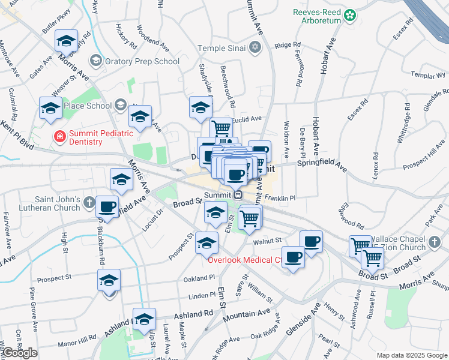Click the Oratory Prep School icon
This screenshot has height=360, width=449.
coord(95,61)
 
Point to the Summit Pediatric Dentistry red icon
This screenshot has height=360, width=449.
coord(59,137)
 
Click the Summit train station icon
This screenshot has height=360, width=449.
coord(238,194)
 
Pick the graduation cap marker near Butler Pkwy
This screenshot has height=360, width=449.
coord(66,41)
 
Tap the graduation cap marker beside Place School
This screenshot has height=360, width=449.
coord(51,108)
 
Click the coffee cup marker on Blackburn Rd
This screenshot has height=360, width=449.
coord(107,206)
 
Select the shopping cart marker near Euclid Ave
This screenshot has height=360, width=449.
coord(221,128)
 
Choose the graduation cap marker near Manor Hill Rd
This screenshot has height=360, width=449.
coord(144,319)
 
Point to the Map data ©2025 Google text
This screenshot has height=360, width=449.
coord(411,355)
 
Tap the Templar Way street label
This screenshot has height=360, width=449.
coord(428,76)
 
